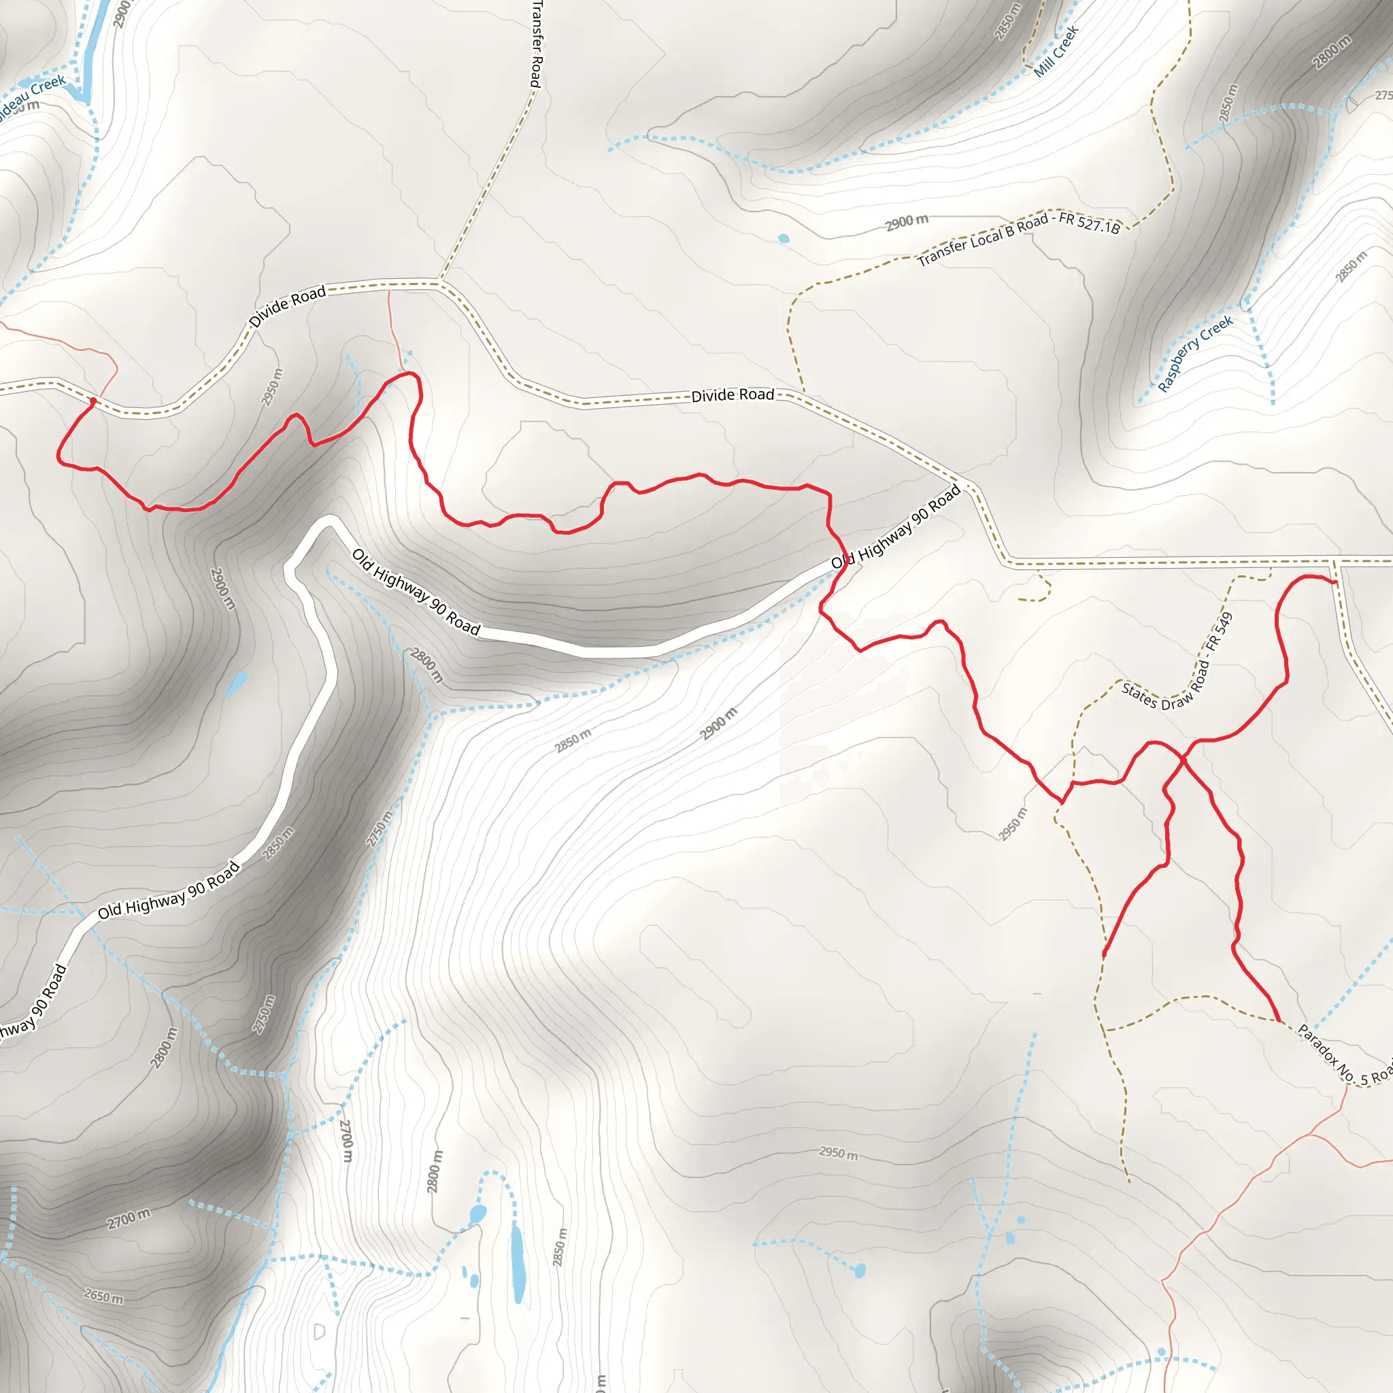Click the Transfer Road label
click(x=536, y=44)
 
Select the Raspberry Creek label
click(x=1194, y=354)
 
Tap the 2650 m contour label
click(x=103, y=1296)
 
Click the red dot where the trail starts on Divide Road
click(x=93, y=401)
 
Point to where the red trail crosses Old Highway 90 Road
click(x=841, y=565)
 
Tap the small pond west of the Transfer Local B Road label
click(x=784, y=239)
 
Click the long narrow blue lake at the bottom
click(x=518, y=1261)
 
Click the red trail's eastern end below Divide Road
click(x=1335, y=582)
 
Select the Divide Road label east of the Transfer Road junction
click(x=733, y=395)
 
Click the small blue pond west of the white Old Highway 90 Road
click(x=237, y=682)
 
